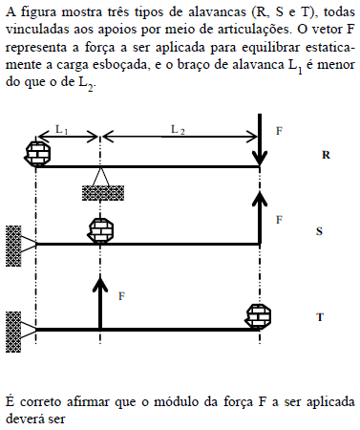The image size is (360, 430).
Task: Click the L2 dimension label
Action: coord(179,128)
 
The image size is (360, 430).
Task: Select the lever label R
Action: coord(327,153)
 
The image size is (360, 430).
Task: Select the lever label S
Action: coord(319,231)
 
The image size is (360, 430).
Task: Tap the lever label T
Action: coord(319,315)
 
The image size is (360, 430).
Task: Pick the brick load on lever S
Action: coord(100,231)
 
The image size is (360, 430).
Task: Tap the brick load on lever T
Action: coord(259,315)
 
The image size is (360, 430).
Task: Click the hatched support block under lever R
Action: coord(99,191)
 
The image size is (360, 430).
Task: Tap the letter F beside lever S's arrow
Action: coord(279,220)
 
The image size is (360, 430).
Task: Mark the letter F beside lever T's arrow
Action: coord(122,296)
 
